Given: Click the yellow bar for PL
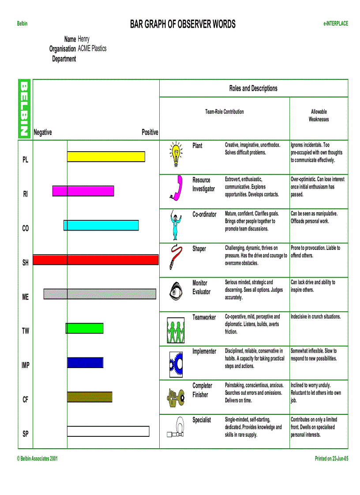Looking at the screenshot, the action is (x=106, y=156).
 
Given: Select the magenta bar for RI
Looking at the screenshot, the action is (x=83, y=191).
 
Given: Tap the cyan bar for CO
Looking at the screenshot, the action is (x=101, y=225).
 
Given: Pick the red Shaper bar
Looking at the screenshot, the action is (x=95, y=260).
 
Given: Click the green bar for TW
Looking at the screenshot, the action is (x=85, y=328).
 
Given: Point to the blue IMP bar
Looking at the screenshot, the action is (x=85, y=362).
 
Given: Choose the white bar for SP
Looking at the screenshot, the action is (x=108, y=431).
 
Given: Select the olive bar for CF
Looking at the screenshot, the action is (x=90, y=397).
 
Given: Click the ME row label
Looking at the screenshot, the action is (x=25, y=297).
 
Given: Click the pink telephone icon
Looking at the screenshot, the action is (x=176, y=188).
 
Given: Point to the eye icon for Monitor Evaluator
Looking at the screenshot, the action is (x=176, y=291).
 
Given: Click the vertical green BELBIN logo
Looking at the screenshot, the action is (x=25, y=108).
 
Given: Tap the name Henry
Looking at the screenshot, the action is (x=83, y=39).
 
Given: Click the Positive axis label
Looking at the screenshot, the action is (x=150, y=132).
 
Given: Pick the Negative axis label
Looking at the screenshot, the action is (x=43, y=132).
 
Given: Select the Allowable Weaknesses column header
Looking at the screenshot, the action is (x=319, y=115).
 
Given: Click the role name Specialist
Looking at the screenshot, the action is (x=202, y=420).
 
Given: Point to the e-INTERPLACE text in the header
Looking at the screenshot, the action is (x=335, y=23).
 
